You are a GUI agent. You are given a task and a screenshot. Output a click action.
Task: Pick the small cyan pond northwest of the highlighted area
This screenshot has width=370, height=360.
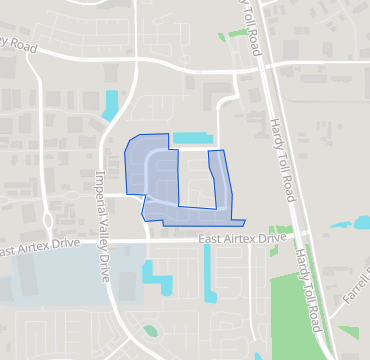[109, 105]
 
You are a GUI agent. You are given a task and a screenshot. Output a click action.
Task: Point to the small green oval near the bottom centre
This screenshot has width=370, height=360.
[151, 330]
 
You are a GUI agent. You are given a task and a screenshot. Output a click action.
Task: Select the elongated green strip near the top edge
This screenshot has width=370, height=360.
[236, 33]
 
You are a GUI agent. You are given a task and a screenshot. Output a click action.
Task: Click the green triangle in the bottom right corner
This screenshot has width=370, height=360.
[347, 332]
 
